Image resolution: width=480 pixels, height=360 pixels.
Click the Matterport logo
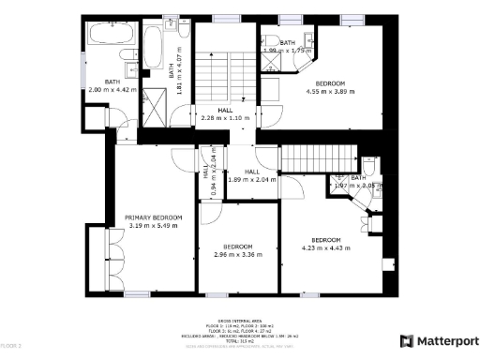[x=436, y=339]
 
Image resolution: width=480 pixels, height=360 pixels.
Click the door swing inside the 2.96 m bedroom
[x=209, y=213]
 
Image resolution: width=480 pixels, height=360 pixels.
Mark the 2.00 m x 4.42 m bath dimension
[x=112, y=89]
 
